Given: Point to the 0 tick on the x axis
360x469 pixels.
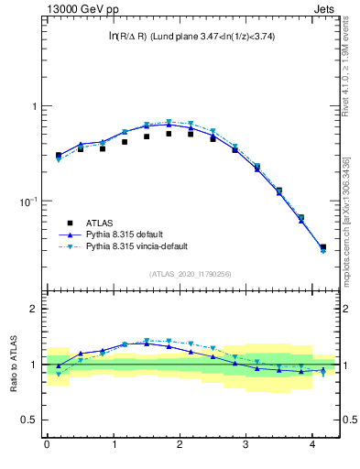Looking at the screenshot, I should pos(47,446).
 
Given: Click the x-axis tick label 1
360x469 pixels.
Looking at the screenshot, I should pos(114,446).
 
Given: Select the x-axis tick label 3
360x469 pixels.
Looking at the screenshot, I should pos(246,446).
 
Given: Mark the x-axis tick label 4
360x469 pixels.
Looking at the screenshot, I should pos(313,446).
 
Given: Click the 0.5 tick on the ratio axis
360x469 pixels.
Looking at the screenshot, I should pos(30,420).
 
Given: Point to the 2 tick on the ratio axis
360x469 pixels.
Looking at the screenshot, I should pos(35,310).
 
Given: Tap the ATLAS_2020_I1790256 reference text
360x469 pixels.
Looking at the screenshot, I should pos(190,274).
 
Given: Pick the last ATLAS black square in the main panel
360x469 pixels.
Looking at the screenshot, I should pos(322,247).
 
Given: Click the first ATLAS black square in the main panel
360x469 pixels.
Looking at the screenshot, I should pos(58,156).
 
